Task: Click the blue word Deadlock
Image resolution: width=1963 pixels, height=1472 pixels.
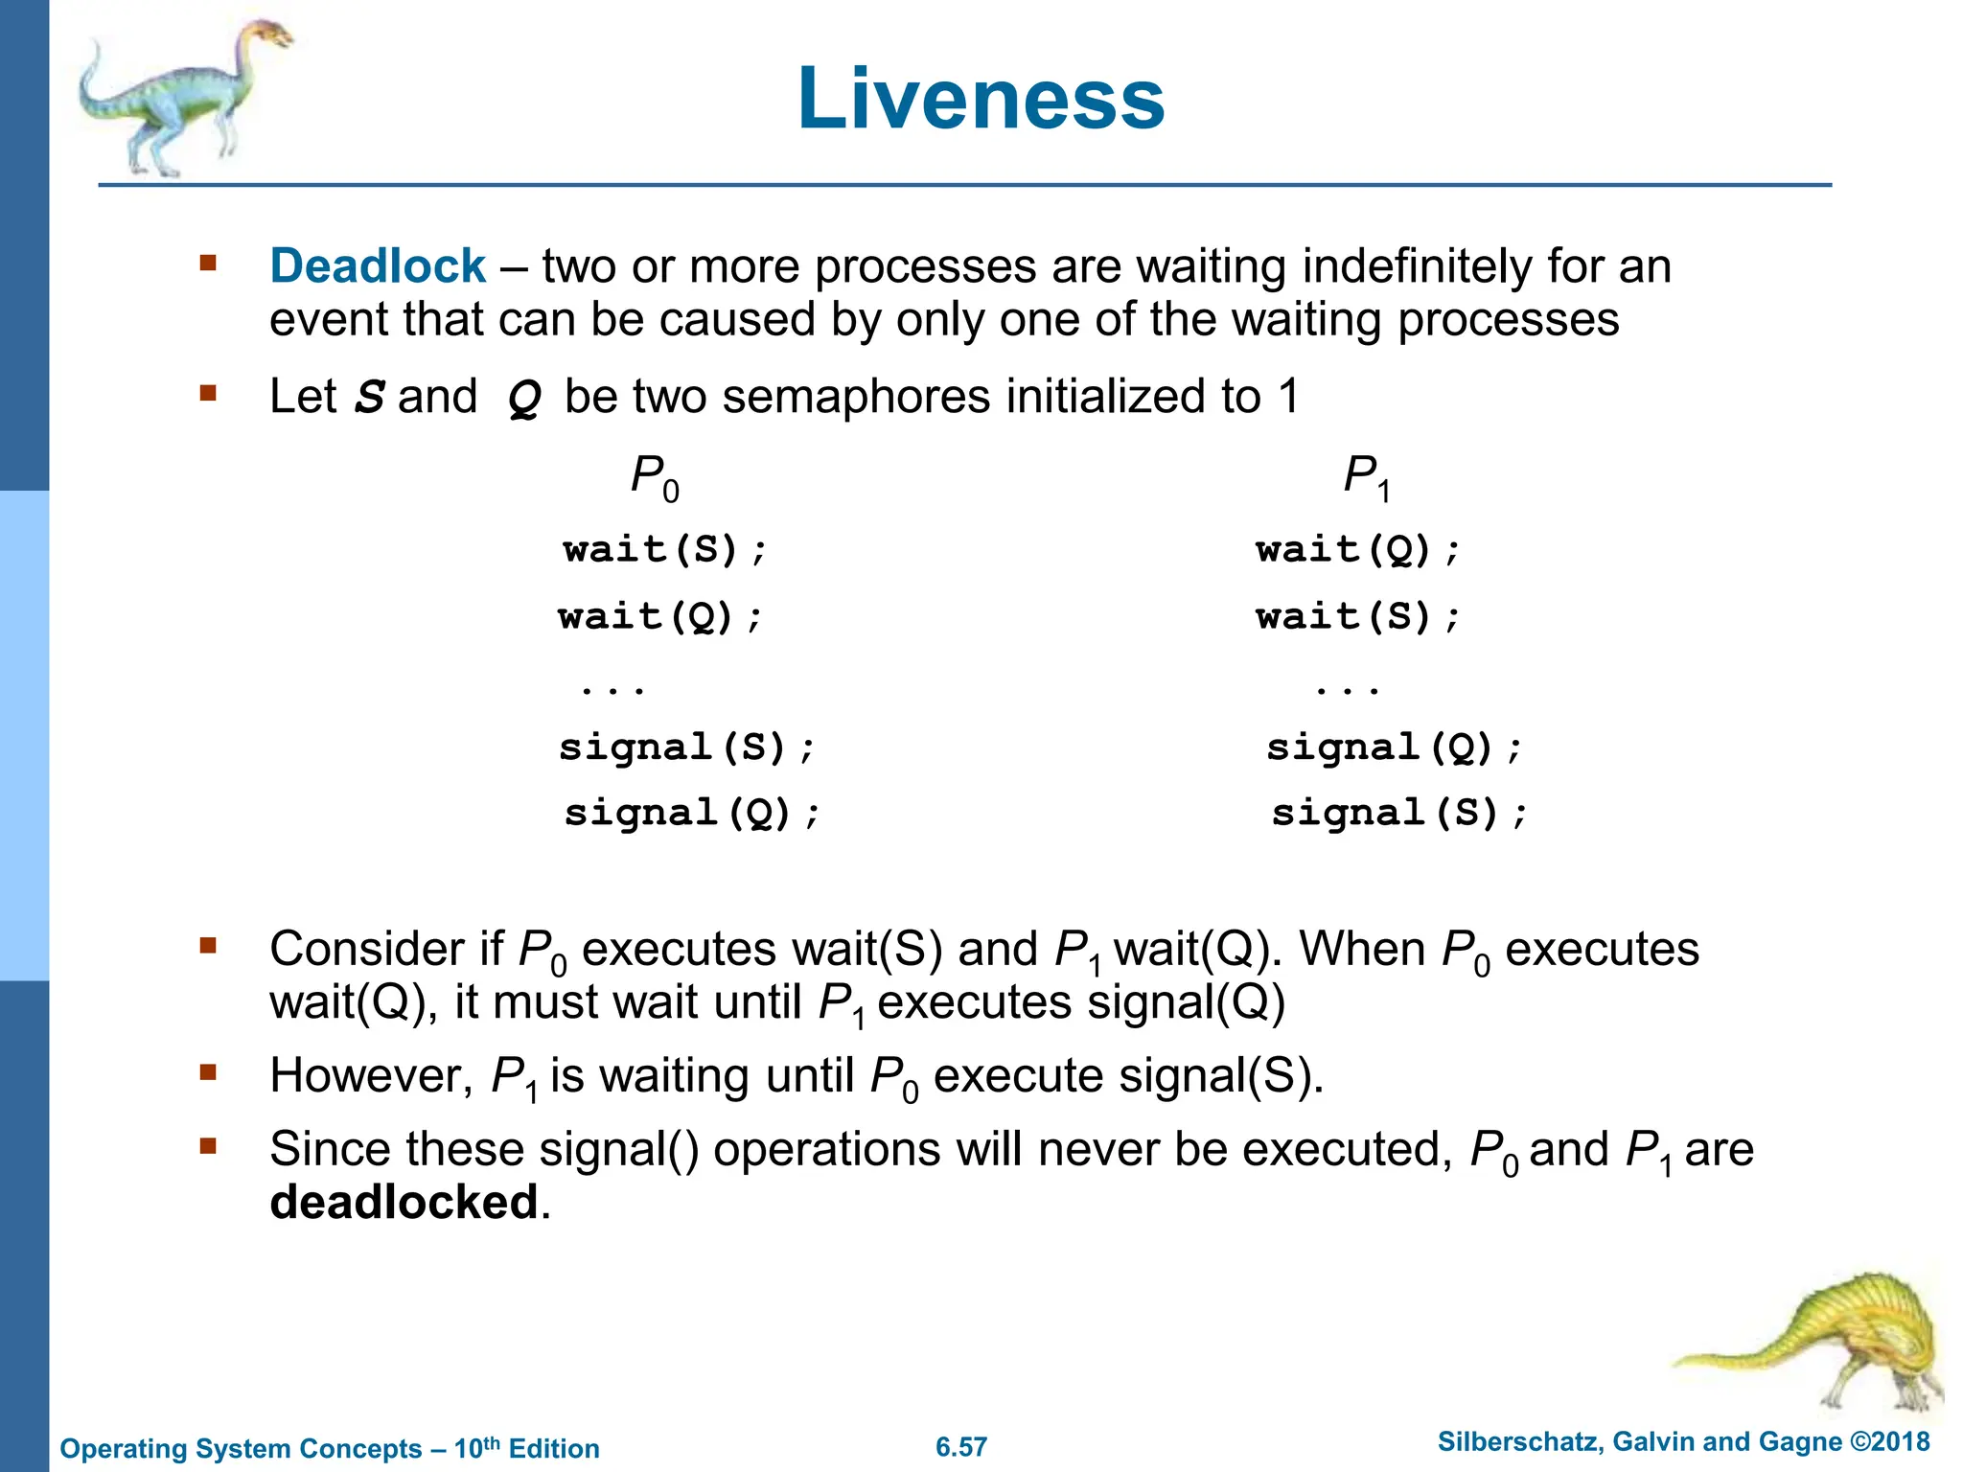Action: coord(378,265)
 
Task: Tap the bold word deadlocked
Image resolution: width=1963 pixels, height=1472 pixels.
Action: coord(404,1202)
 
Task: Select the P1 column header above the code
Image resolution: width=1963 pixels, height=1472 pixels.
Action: coord(1366,476)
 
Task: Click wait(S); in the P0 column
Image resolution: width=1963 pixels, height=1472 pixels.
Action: coord(665,550)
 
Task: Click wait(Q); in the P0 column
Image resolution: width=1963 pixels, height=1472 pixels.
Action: coord(660,616)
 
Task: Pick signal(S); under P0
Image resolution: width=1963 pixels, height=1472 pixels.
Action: coord(686,747)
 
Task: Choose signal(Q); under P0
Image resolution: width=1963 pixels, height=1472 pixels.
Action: coord(691,814)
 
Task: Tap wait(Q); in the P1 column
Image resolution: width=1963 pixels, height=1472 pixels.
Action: coord(1357,550)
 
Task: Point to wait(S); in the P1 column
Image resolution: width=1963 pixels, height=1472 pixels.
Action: coord(1357,616)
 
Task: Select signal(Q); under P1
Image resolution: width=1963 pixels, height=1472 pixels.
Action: coord(1394,747)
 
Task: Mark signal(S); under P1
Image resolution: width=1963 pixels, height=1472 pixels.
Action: coord(1398,814)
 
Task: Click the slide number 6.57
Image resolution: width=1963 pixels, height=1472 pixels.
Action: coord(961,1447)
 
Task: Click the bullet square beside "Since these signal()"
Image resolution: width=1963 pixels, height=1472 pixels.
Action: coord(208,1144)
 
